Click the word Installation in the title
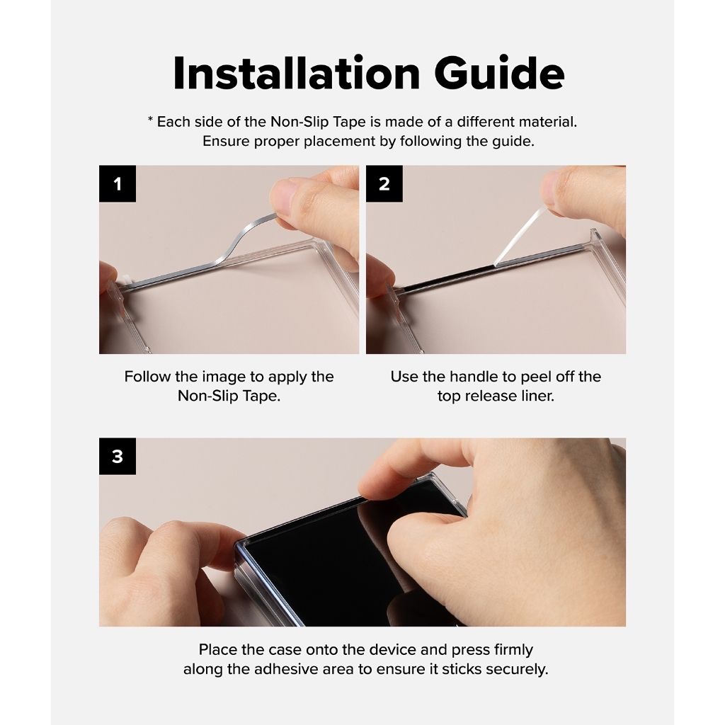(x=296, y=73)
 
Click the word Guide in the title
(x=500, y=73)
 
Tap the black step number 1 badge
(x=118, y=183)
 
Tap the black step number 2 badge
(x=384, y=183)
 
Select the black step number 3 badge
(x=118, y=457)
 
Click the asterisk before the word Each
(x=150, y=120)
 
